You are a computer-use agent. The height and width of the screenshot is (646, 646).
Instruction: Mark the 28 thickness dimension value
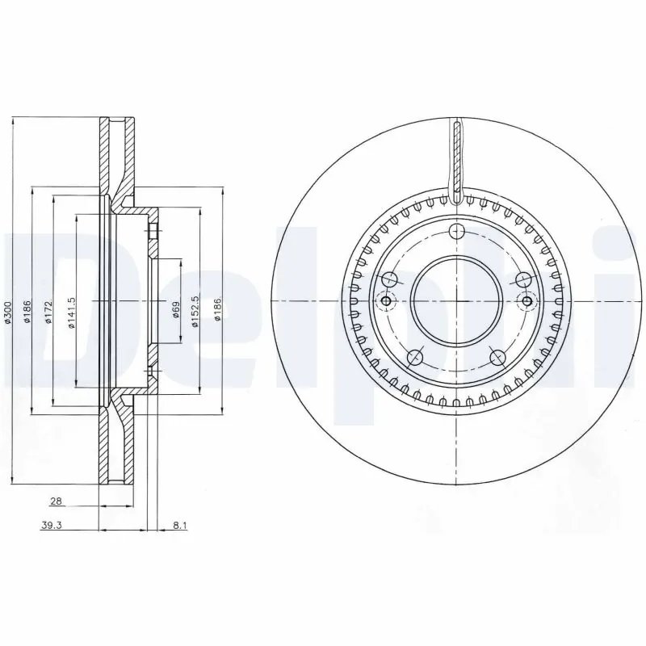tap(56, 501)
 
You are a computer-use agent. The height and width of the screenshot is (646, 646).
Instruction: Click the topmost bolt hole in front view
tap(457, 234)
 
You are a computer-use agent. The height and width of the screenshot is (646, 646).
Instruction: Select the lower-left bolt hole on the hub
tap(416, 356)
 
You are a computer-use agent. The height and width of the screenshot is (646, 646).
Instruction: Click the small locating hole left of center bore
tap(386, 302)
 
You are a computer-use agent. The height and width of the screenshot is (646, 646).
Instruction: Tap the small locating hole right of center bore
tap(528, 302)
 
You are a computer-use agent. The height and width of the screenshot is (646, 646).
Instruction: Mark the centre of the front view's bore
tap(457, 300)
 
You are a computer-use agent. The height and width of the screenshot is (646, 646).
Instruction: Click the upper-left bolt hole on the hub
tap(390, 279)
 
